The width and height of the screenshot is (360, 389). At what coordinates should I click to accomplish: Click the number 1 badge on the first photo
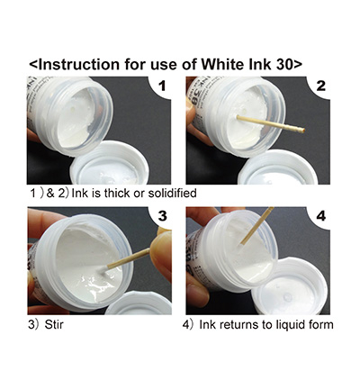point(162,86)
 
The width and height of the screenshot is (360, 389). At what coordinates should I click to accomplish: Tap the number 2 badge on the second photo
point(321,86)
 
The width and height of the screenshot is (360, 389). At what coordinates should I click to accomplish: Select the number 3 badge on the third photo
point(162,216)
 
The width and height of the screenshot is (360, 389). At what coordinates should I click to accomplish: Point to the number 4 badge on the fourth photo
point(321,216)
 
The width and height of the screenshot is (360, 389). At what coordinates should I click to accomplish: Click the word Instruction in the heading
point(79,64)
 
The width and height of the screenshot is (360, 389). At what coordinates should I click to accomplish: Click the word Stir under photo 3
point(54,324)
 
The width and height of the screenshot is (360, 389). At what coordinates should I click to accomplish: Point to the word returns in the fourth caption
point(240,325)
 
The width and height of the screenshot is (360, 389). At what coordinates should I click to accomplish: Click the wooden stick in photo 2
point(270,124)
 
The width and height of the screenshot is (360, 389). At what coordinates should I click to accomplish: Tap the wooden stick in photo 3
point(129,258)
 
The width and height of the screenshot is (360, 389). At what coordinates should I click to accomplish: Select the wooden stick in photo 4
point(256,226)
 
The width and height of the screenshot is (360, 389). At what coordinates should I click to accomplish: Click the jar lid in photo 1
point(110,164)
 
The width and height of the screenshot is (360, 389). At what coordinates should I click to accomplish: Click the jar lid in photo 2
point(277,167)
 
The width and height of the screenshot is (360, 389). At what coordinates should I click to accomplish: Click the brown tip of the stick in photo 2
point(302,131)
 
